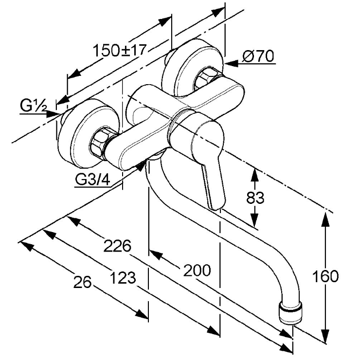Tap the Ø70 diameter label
point(258,57)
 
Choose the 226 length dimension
point(118,246)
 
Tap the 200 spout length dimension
point(197,270)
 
